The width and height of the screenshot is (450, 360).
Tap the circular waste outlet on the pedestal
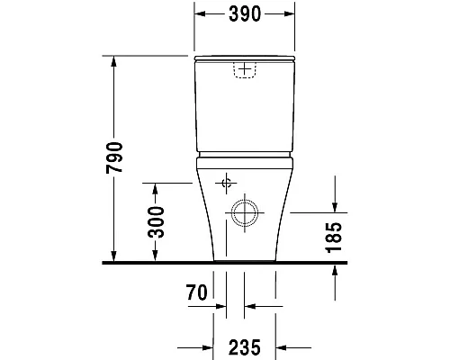click(244, 213)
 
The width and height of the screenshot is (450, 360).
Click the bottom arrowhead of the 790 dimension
click(114, 256)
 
